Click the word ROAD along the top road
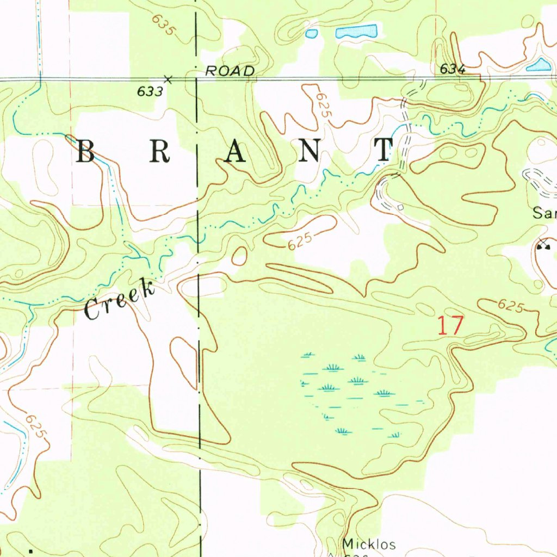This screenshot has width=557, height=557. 230,71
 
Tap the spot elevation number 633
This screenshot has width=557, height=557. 150,92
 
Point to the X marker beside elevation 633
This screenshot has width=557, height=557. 168,80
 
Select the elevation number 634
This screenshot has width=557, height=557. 453,69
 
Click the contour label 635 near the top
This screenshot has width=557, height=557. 163,26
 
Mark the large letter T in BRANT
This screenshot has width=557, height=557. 385,150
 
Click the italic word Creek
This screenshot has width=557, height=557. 119,299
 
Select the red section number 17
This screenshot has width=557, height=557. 451,326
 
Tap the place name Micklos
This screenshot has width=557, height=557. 369,544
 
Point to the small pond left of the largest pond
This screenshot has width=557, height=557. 311,34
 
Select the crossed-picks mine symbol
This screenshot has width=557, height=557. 542,244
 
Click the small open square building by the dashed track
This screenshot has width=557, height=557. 401,207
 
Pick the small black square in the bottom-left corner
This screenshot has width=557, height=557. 30,551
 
